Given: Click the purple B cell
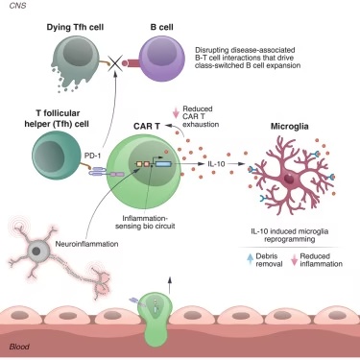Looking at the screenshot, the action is click(x=161, y=59).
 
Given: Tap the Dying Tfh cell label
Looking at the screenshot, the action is click(x=75, y=27).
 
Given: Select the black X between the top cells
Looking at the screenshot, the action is click(x=115, y=63).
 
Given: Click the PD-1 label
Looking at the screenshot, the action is click(x=92, y=156).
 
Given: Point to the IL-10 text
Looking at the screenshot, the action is click(x=216, y=164).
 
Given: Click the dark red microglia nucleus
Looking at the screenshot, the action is click(x=289, y=179).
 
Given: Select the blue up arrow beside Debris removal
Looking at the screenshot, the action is click(x=251, y=259).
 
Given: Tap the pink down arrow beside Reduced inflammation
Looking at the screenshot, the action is click(x=294, y=260).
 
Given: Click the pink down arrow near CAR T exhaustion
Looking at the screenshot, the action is click(x=176, y=112).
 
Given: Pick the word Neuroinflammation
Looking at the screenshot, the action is click(x=86, y=244).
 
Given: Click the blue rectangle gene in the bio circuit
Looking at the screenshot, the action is click(x=163, y=164).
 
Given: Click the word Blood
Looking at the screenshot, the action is click(x=19, y=347).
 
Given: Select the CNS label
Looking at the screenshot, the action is click(x=17, y=6).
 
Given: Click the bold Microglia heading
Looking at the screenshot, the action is click(x=290, y=127).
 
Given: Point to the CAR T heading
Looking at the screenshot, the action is click(x=147, y=127).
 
